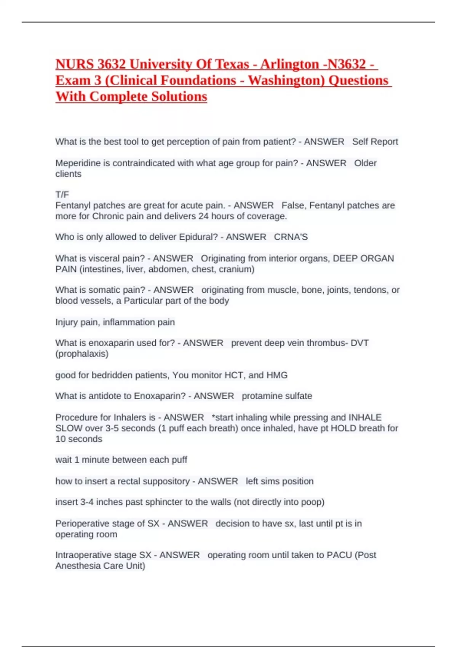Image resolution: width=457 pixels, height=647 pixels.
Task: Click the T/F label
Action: click(62, 195)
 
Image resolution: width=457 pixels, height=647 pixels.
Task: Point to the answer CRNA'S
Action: click(291, 237)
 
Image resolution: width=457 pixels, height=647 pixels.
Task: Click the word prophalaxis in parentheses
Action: click(82, 354)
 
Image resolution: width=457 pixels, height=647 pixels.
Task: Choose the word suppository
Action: click(165, 481)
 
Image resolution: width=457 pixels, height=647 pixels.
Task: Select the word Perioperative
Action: click(81, 524)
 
